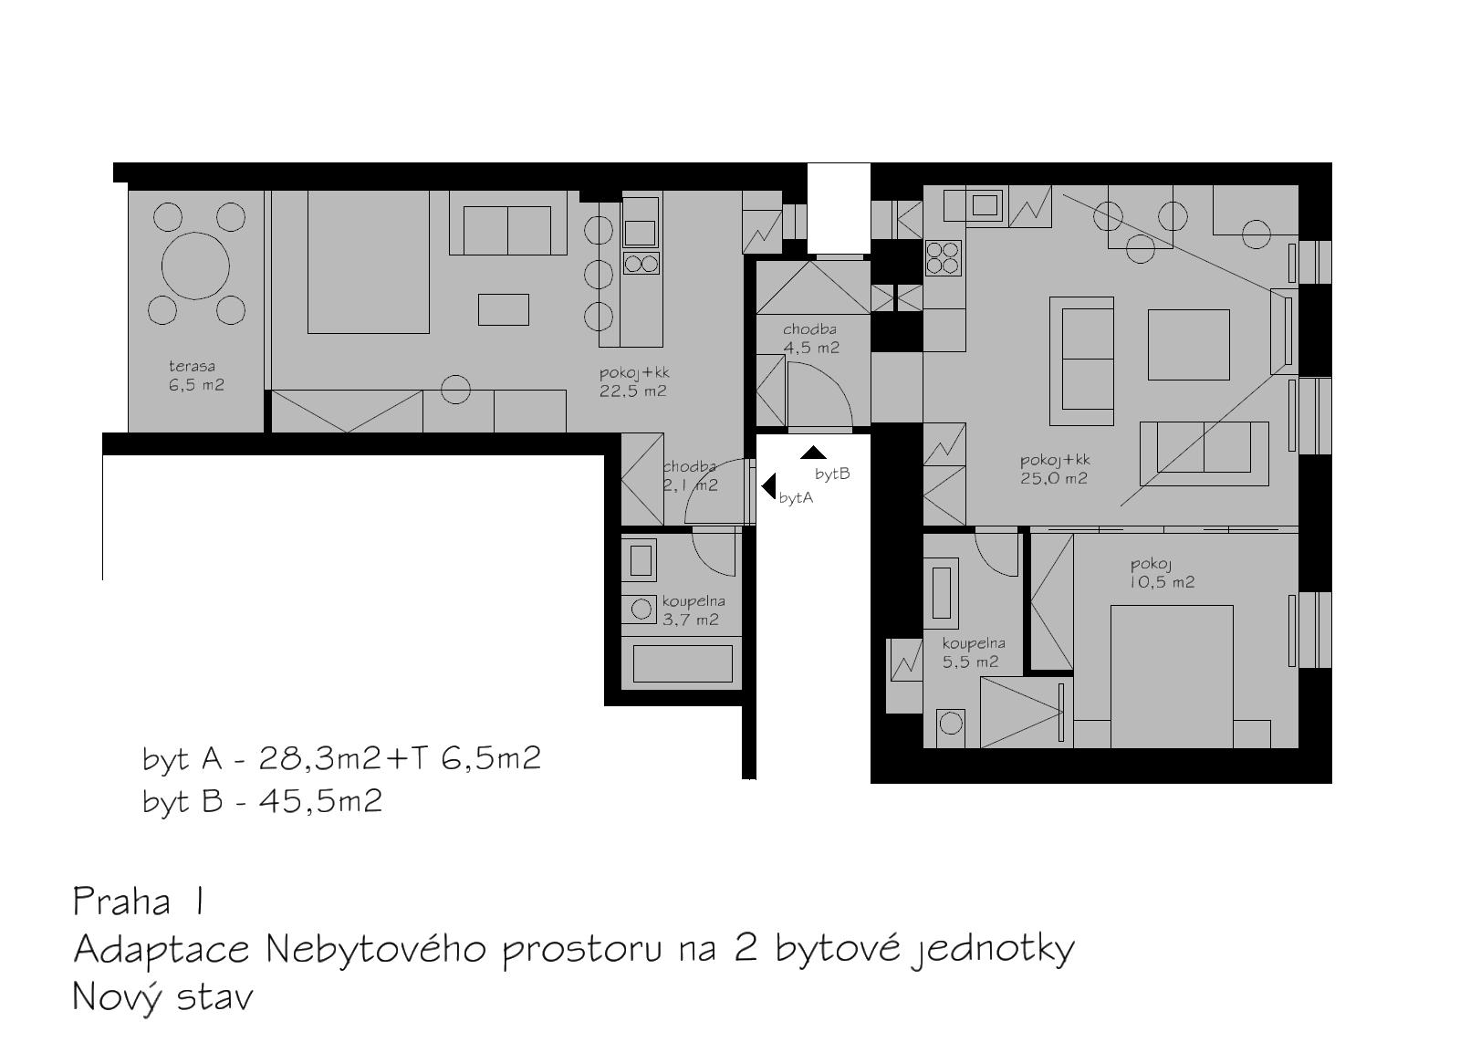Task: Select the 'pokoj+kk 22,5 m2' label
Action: point(633,382)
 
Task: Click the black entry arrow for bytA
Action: point(768,486)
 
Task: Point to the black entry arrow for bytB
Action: point(813,453)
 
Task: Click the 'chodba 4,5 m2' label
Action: point(811,339)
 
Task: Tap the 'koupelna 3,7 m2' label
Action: point(693,610)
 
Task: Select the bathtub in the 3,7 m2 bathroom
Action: point(682,663)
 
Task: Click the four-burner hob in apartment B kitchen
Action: point(944,257)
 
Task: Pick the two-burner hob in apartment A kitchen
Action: point(641,264)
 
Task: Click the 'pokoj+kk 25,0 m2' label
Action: point(1055,469)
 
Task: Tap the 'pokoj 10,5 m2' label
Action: point(1163,573)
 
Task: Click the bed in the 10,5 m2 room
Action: point(1172,676)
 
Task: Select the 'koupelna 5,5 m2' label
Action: point(973,652)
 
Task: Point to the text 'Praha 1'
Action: point(138,902)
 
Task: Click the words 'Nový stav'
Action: point(162,997)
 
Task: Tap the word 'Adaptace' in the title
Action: point(162,951)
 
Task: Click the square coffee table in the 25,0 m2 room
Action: point(1189,345)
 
